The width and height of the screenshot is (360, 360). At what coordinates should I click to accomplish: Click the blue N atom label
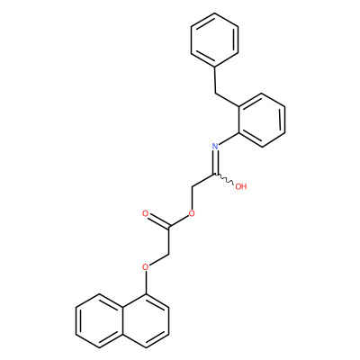(215, 147)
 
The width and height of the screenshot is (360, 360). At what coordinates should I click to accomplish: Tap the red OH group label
(241, 186)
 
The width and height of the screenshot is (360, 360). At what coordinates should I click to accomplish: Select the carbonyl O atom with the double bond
(146, 214)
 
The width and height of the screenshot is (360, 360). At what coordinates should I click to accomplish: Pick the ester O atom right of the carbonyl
(192, 214)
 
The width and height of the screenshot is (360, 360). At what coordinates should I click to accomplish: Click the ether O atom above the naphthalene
(146, 267)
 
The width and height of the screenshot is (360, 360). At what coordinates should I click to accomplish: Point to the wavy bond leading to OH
(224, 179)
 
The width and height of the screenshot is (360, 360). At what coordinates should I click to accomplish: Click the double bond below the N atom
(215, 162)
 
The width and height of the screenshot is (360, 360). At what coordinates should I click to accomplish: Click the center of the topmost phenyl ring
(215, 40)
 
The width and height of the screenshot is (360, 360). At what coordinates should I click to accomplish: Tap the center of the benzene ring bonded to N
(261, 120)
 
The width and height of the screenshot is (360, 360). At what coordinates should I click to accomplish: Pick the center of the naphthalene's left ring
(99, 320)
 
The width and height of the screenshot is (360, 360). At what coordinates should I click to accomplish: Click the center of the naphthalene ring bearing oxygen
(146, 320)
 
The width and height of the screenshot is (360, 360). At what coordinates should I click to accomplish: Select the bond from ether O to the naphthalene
(146, 283)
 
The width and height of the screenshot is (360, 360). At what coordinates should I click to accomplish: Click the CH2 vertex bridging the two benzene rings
(215, 94)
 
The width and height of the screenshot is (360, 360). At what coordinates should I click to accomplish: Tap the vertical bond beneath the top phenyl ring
(215, 80)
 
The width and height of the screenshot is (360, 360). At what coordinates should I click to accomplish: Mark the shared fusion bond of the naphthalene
(122, 320)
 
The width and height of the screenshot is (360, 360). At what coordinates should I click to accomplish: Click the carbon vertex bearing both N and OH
(215, 174)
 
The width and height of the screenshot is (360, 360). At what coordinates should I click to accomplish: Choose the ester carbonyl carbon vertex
(168, 228)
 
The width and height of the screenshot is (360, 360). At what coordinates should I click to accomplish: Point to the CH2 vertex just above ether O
(168, 255)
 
